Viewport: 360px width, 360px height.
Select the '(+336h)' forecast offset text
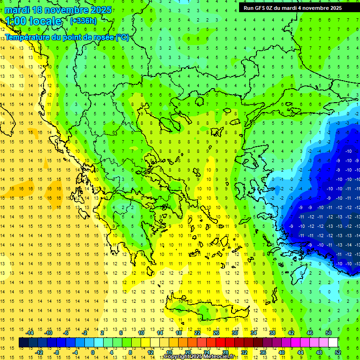coord(83,21)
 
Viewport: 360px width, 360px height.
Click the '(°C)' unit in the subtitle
coord(122,37)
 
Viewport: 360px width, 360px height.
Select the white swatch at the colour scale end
coord(333,343)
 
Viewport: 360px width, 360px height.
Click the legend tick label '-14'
coord(30,333)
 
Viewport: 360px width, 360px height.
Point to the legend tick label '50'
coord(329,333)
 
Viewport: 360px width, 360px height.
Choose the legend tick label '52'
coord(338,352)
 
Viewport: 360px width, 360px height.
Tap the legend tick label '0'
coord(93,352)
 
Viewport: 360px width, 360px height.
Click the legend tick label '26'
coord(216,333)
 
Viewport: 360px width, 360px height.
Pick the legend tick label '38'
coord(272,333)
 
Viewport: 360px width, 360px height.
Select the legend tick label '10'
coord(141,333)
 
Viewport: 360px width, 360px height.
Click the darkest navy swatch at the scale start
coord(23,343)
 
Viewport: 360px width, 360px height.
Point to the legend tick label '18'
coord(179,333)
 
